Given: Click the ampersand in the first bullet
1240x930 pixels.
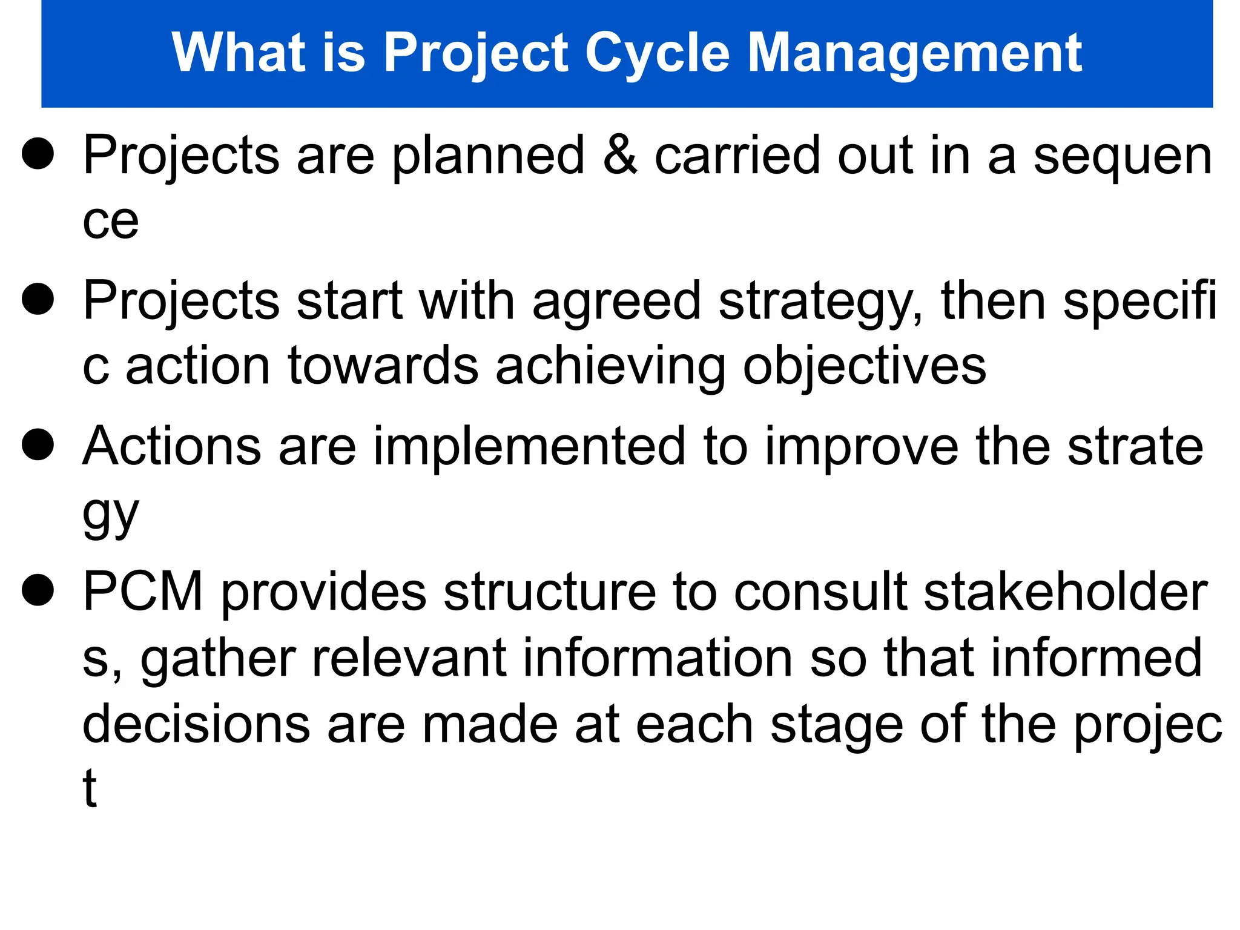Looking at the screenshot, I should [x=620, y=155].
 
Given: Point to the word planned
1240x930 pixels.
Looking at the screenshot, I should [x=488, y=156].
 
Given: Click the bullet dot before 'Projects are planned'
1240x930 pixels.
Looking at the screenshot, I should [x=38, y=153].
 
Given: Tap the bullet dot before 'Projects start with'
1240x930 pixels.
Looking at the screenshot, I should [x=38, y=298].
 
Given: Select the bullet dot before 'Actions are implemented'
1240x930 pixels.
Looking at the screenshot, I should [x=38, y=444].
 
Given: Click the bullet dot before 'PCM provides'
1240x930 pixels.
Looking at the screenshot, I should [x=38, y=590].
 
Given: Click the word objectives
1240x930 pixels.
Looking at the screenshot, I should [x=864, y=367].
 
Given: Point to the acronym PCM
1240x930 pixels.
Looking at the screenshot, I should [x=143, y=592].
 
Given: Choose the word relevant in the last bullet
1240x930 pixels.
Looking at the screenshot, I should [x=409, y=658].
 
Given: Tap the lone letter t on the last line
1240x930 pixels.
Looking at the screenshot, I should [x=90, y=788].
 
